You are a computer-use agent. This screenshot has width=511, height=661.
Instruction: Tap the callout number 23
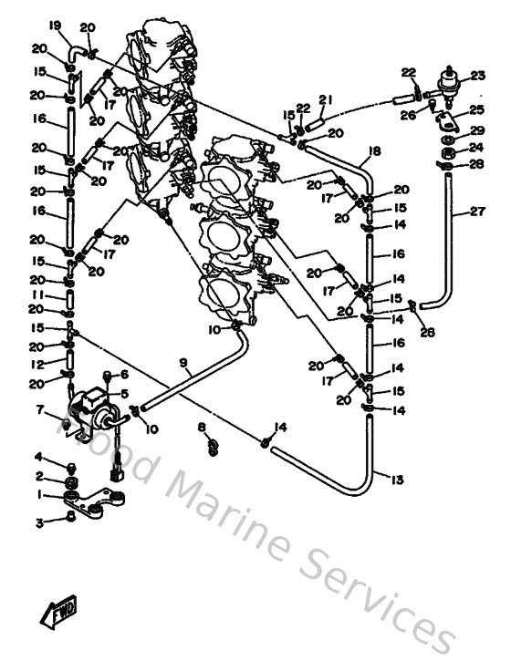tap(477, 76)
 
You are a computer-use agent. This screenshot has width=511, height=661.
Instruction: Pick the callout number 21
tap(323, 98)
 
